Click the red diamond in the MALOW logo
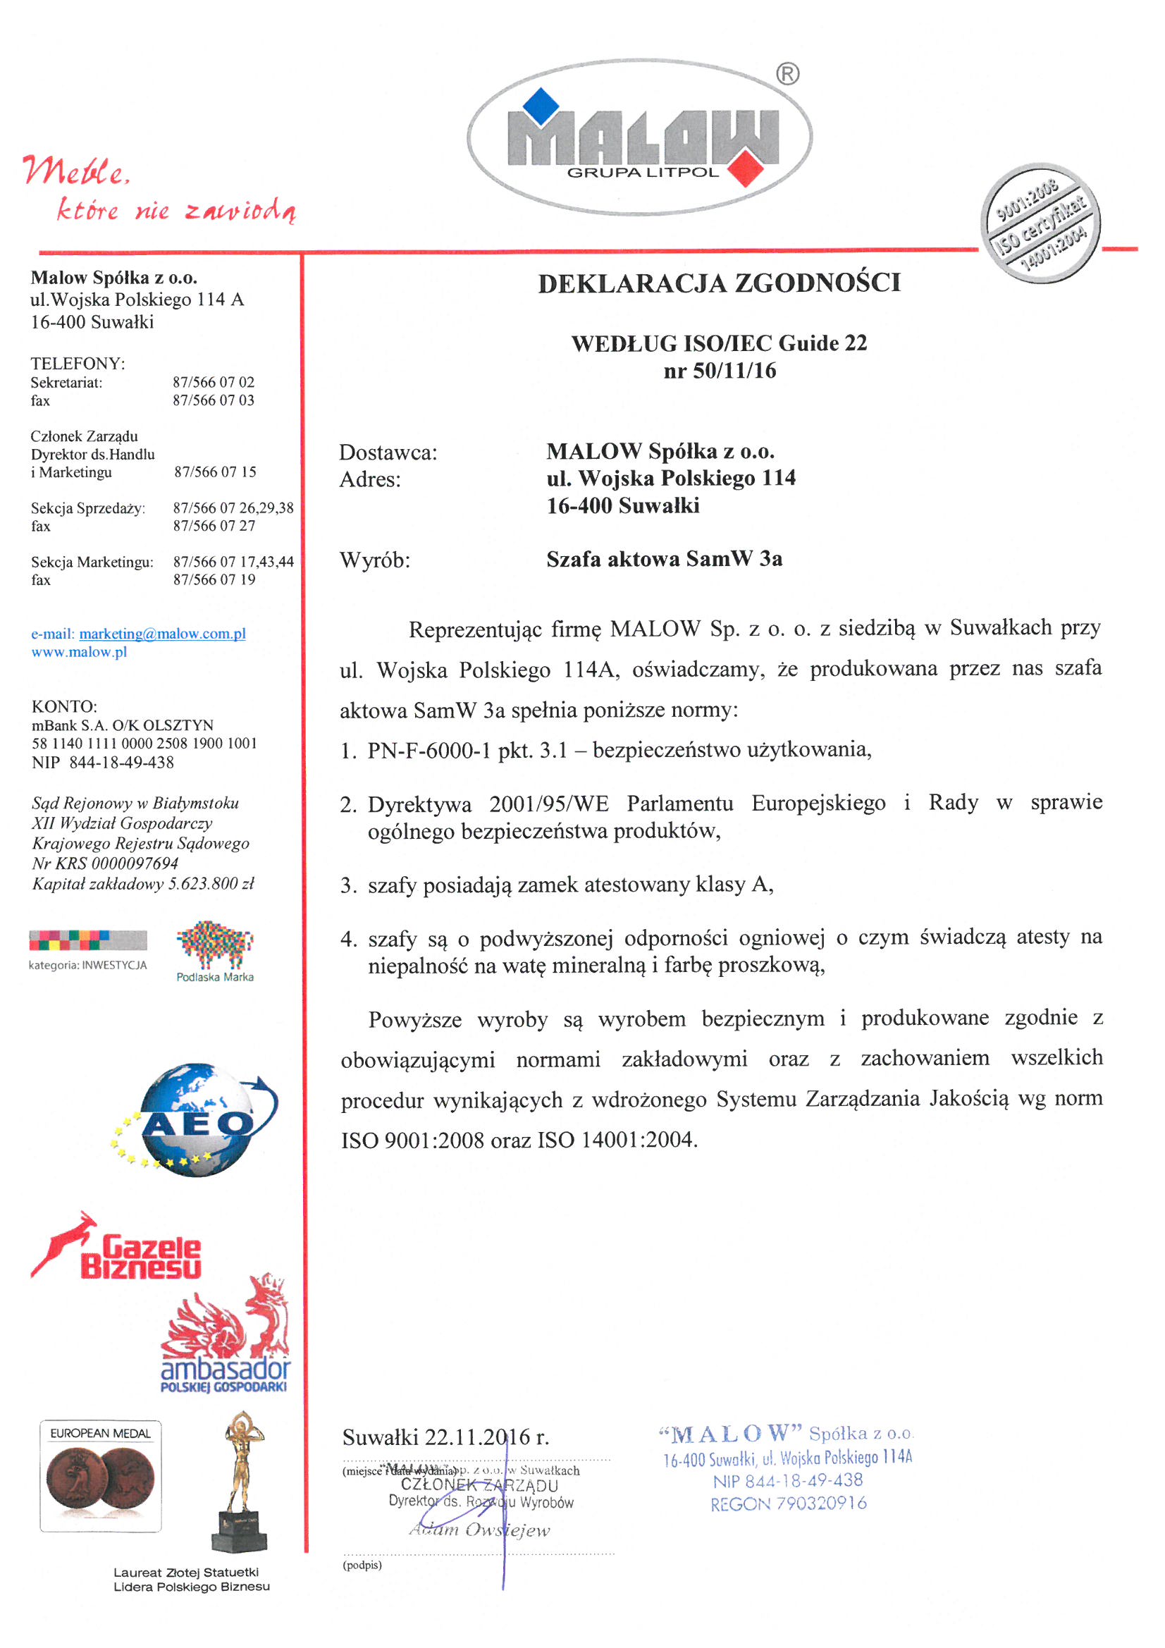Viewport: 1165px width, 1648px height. [746, 167]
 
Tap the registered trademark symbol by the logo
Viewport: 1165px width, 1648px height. [787, 74]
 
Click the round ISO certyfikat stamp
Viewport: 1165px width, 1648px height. [1040, 223]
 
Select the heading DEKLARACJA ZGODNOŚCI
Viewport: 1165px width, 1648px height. [720, 283]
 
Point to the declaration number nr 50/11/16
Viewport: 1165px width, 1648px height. [720, 370]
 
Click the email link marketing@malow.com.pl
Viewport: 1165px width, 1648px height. [162, 633]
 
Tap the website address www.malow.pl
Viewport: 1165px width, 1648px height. [79, 652]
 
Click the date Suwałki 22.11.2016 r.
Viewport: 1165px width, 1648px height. [445, 1437]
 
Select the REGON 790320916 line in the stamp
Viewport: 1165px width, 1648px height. [788, 1503]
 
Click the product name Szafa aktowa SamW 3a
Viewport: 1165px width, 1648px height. [664, 558]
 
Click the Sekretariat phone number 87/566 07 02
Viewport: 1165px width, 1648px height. [213, 382]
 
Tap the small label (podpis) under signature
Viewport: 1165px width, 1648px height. [362, 1565]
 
